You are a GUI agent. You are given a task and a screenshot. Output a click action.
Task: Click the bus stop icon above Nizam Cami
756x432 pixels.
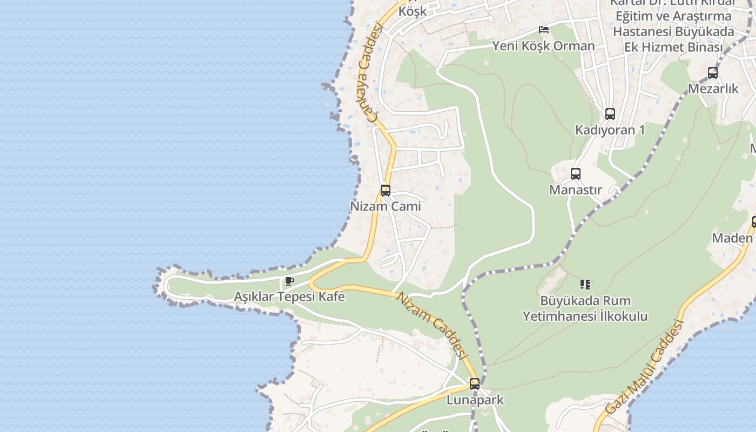tap(385, 190)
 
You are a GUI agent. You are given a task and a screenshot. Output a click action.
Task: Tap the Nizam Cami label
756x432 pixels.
tap(385, 206)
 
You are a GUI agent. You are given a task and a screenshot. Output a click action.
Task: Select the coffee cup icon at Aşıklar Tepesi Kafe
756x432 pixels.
tap(289, 281)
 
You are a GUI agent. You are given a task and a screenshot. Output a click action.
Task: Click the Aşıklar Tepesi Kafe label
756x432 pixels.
tap(289, 296)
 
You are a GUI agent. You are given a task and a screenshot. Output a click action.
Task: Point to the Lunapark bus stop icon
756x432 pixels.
tap(474, 384)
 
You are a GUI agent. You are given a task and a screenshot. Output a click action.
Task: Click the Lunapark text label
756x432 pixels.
tap(475, 400)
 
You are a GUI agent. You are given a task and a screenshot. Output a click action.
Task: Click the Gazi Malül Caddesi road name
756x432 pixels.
tap(644, 367)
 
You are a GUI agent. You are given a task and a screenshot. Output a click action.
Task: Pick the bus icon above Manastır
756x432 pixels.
tap(575, 174)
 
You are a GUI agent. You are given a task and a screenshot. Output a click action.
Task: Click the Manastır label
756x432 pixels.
tap(575, 190)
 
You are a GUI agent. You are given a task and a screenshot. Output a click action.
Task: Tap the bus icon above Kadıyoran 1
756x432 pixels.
tap(610, 114)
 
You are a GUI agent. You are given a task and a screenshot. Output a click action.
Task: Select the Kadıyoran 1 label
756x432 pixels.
tap(610, 130)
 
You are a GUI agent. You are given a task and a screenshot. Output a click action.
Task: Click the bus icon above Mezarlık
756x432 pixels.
tap(712, 73)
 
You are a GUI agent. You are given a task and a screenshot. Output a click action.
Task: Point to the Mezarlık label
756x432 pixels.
tap(713, 89)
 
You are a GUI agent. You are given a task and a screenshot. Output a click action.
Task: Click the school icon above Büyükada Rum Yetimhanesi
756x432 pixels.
tap(585, 284)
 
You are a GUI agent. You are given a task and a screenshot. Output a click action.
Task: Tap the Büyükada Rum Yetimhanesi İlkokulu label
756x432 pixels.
tap(585, 308)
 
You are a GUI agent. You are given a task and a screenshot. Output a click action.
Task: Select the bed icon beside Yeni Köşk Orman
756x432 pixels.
tap(543, 30)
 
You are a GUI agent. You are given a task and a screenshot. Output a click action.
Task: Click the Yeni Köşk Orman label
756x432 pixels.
tap(543, 46)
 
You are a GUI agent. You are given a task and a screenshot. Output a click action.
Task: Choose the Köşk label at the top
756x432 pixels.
tap(412, 11)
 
